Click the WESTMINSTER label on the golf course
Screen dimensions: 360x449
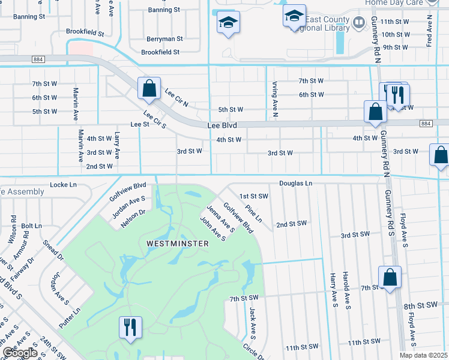coord(177,244)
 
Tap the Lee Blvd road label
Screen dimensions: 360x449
coord(222,126)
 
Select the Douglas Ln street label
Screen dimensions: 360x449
coord(296,183)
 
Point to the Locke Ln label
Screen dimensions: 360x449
coord(64,185)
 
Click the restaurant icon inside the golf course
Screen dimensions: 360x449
coord(130,328)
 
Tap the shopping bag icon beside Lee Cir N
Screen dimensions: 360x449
coord(149,89)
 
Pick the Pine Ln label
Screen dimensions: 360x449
coord(255,213)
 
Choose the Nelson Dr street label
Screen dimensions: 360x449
coord(133,217)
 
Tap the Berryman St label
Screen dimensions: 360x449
coord(164,38)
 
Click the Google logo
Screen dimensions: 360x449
coord(19,353)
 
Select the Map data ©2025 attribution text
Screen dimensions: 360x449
coord(423,355)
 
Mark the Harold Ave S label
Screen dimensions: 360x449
coord(346,291)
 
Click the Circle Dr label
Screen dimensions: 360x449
coord(255,350)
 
